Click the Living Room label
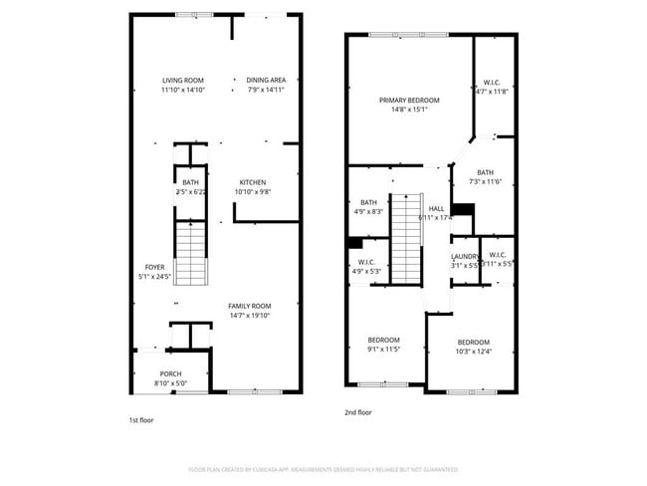[x=183, y=80]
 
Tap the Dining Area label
[x=266, y=80]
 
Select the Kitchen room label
[x=252, y=182]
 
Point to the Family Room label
[x=249, y=306]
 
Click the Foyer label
[x=154, y=267]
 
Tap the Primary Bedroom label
[x=408, y=101]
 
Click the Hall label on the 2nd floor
[x=436, y=208]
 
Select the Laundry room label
[x=465, y=256]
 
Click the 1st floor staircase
[x=190, y=254]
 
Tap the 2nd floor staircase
[x=406, y=239]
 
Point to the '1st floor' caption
[x=141, y=420]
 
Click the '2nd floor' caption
[x=358, y=412]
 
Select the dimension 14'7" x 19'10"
[x=249, y=316]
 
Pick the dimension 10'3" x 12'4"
[x=473, y=352]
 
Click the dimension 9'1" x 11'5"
[x=383, y=350]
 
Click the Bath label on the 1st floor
[x=190, y=182]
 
